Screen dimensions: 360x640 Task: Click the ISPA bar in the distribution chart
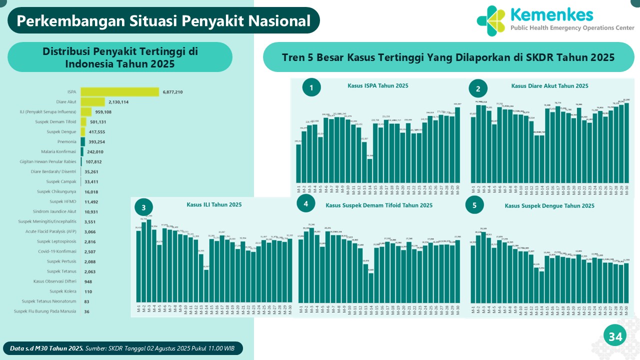coord(119,92)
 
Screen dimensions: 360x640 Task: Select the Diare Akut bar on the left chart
coord(92,102)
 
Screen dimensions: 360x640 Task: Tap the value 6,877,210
coord(172,92)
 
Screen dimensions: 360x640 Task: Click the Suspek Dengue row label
coord(62,132)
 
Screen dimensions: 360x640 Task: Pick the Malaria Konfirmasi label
coord(58,152)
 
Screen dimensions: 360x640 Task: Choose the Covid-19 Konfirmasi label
coord(57,251)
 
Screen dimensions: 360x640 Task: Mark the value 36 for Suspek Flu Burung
coord(87,311)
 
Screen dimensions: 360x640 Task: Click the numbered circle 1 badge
coord(311,88)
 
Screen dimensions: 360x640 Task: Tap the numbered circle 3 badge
coord(143,207)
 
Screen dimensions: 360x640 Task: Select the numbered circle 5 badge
coord(474,205)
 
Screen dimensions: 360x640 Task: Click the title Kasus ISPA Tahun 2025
coord(378,85)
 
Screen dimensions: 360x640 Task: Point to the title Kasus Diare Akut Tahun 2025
coord(549,86)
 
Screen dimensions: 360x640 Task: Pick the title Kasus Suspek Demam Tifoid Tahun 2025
coord(379,205)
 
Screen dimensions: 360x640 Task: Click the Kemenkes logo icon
coord(491,20)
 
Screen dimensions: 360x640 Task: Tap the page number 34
coord(614,337)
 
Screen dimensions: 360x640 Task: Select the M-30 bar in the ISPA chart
coord(457,145)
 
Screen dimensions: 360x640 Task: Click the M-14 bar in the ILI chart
coord(206,285)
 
